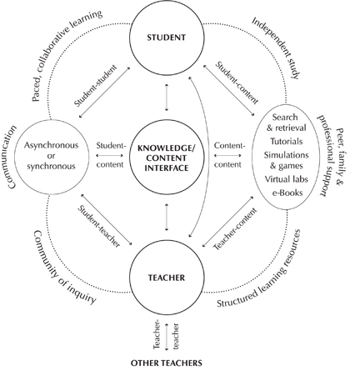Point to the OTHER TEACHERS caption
click(167, 363)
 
